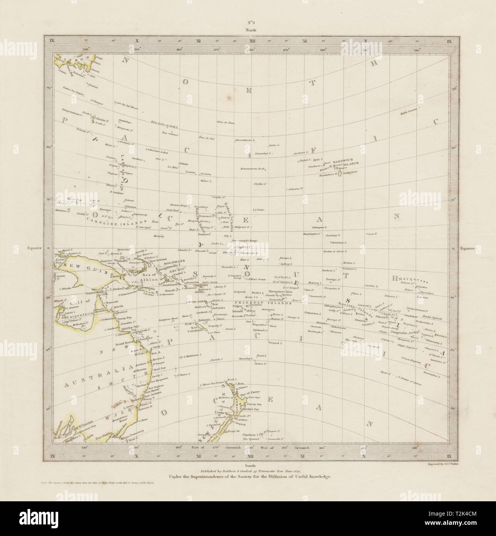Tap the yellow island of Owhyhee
tap(340, 174)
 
